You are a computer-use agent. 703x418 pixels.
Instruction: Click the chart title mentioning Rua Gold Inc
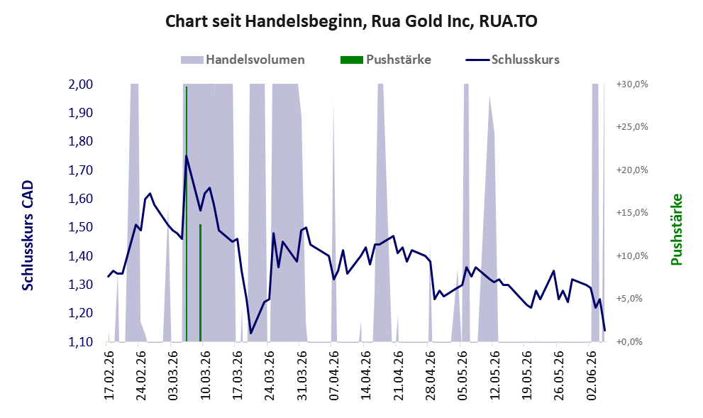(351, 21)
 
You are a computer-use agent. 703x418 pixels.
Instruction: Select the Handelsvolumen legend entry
(243, 60)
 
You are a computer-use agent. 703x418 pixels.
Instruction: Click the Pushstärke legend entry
(386, 60)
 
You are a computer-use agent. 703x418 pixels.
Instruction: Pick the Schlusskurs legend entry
(512, 60)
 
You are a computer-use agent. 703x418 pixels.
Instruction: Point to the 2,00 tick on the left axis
(81, 84)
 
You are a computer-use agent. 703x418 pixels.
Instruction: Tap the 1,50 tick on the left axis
(81, 227)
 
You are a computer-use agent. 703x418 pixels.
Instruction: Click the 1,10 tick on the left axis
(81, 342)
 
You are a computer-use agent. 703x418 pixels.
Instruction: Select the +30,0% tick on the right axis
(632, 84)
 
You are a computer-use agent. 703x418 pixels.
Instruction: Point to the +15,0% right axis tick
(632, 213)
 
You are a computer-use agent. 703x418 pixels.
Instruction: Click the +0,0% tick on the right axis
(632, 342)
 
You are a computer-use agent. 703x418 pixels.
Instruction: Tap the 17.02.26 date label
(109, 375)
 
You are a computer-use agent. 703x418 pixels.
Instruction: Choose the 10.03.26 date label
(205, 375)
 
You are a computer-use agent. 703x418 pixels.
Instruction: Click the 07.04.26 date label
(334, 375)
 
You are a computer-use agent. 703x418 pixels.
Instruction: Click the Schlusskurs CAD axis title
(28, 236)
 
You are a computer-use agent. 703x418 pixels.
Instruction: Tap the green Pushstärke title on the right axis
(677, 230)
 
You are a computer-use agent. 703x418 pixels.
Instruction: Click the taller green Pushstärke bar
(187, 214)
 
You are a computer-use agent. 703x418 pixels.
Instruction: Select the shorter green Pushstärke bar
(201, 283)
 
